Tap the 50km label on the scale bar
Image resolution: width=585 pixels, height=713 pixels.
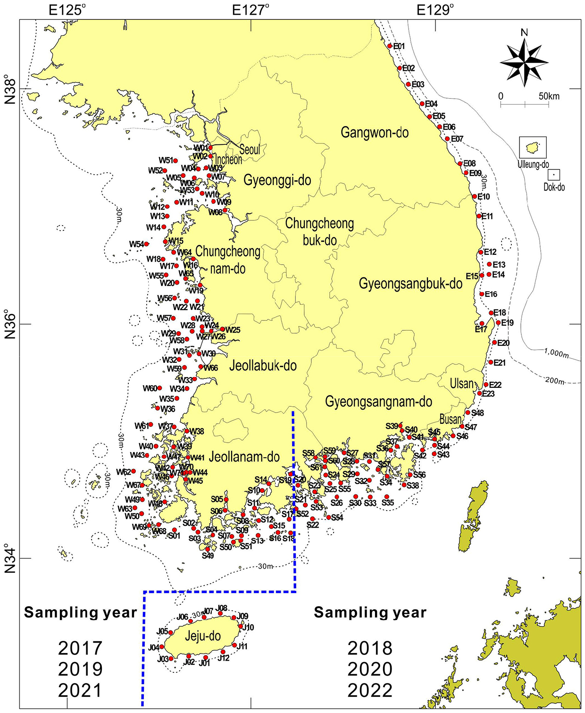coord(549,96)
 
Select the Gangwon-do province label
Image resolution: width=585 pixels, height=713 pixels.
coord(375,133)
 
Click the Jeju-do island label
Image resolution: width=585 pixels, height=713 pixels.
coord(202,636)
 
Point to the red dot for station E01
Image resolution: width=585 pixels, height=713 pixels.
coord(390,46)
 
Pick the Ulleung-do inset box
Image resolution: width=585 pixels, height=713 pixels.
coord(533,147)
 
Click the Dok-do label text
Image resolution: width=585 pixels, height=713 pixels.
coord(554,187)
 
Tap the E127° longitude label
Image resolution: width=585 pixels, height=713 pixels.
coord(251,9)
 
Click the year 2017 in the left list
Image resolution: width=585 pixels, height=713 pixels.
coord(80,648)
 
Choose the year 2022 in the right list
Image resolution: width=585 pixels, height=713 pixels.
coord(370,690)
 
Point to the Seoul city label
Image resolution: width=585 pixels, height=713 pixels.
coord(250,150)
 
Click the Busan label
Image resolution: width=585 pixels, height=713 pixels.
coord(450,419)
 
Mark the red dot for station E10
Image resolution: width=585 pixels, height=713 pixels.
coord(475,196)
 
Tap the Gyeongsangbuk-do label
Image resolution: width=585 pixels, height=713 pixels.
coord(410,283)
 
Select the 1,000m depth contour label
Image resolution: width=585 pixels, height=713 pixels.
coord(556,353)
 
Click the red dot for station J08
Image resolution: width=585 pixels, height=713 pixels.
coord(220,613)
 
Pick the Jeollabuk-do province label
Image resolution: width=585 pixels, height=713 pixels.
coord(263,366)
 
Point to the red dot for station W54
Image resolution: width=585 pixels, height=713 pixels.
coord(147,244)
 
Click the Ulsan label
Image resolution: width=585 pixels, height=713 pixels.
coord(461,383)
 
